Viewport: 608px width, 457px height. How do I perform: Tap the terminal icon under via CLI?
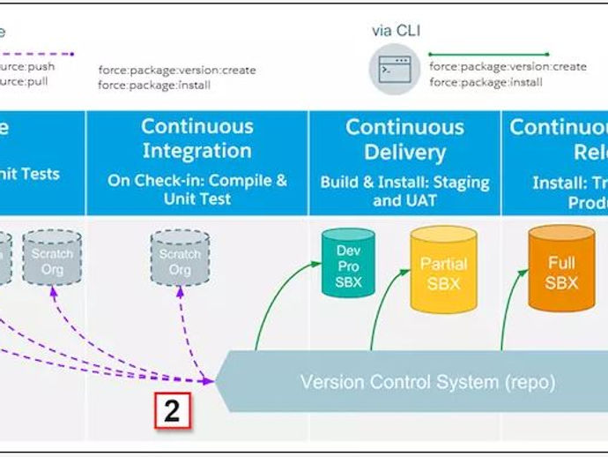394,68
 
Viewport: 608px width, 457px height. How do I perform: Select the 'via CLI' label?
396,31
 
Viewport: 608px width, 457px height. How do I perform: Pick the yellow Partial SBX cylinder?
443,272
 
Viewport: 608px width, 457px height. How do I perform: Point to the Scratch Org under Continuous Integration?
180,261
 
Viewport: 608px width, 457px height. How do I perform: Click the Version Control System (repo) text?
427,383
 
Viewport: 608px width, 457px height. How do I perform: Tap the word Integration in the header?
196,151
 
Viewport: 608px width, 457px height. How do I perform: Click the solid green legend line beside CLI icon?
489,55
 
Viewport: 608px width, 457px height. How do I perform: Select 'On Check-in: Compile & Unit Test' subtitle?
196,190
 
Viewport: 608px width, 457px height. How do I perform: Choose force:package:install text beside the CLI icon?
486,82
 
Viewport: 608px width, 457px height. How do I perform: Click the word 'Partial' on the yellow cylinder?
443,264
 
